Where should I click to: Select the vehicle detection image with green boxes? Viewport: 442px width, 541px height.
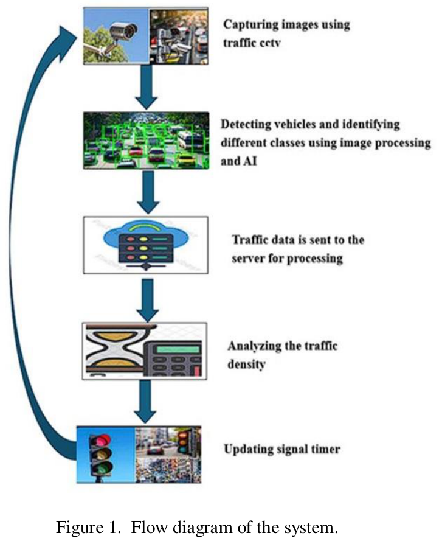coord(148,143)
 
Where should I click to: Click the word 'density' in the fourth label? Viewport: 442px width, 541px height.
coord(248,365)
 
